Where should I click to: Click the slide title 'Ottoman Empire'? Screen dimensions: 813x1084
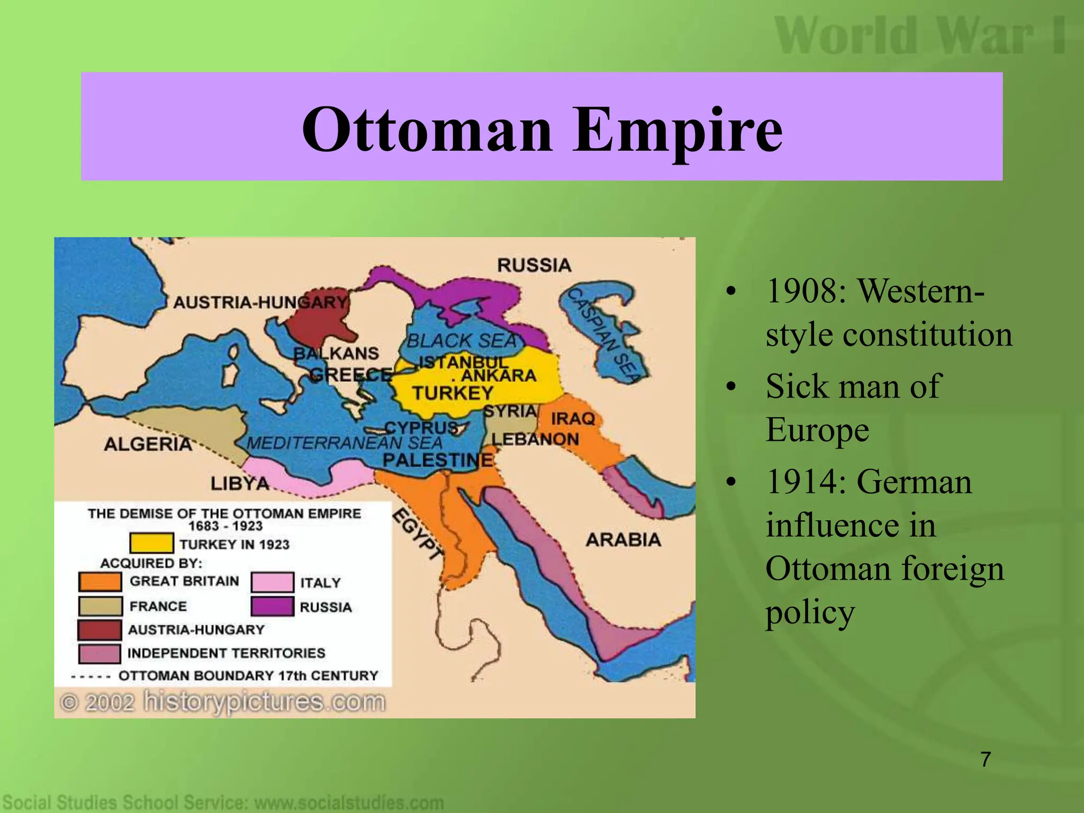tap(541, 129)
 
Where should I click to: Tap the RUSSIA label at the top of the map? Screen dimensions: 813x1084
tap(534, 265)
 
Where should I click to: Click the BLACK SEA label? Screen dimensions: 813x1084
tap(462, 341)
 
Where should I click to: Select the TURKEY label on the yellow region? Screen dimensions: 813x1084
tap(453, 393)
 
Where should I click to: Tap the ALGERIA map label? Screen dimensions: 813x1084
tap(148, 444)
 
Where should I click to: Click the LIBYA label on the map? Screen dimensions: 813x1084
tap(240, 483)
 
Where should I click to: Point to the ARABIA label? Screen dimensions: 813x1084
tap(623, 539)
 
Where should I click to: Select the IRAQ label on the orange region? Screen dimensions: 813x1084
tap(573, 418)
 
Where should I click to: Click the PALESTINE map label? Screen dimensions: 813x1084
tap(438, 459)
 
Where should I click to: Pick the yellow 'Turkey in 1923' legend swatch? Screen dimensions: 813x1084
tap(151, 543)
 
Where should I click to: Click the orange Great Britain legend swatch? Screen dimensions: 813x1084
tap(100, 581)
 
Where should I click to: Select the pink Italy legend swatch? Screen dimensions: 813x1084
tap(272, 582)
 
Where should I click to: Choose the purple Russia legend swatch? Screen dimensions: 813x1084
tap(272, 607)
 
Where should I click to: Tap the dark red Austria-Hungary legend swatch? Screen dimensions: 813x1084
tap(100, 630)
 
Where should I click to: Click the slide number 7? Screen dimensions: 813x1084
tap(986, 760)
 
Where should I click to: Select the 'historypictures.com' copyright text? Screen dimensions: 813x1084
tap(264, 702)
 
